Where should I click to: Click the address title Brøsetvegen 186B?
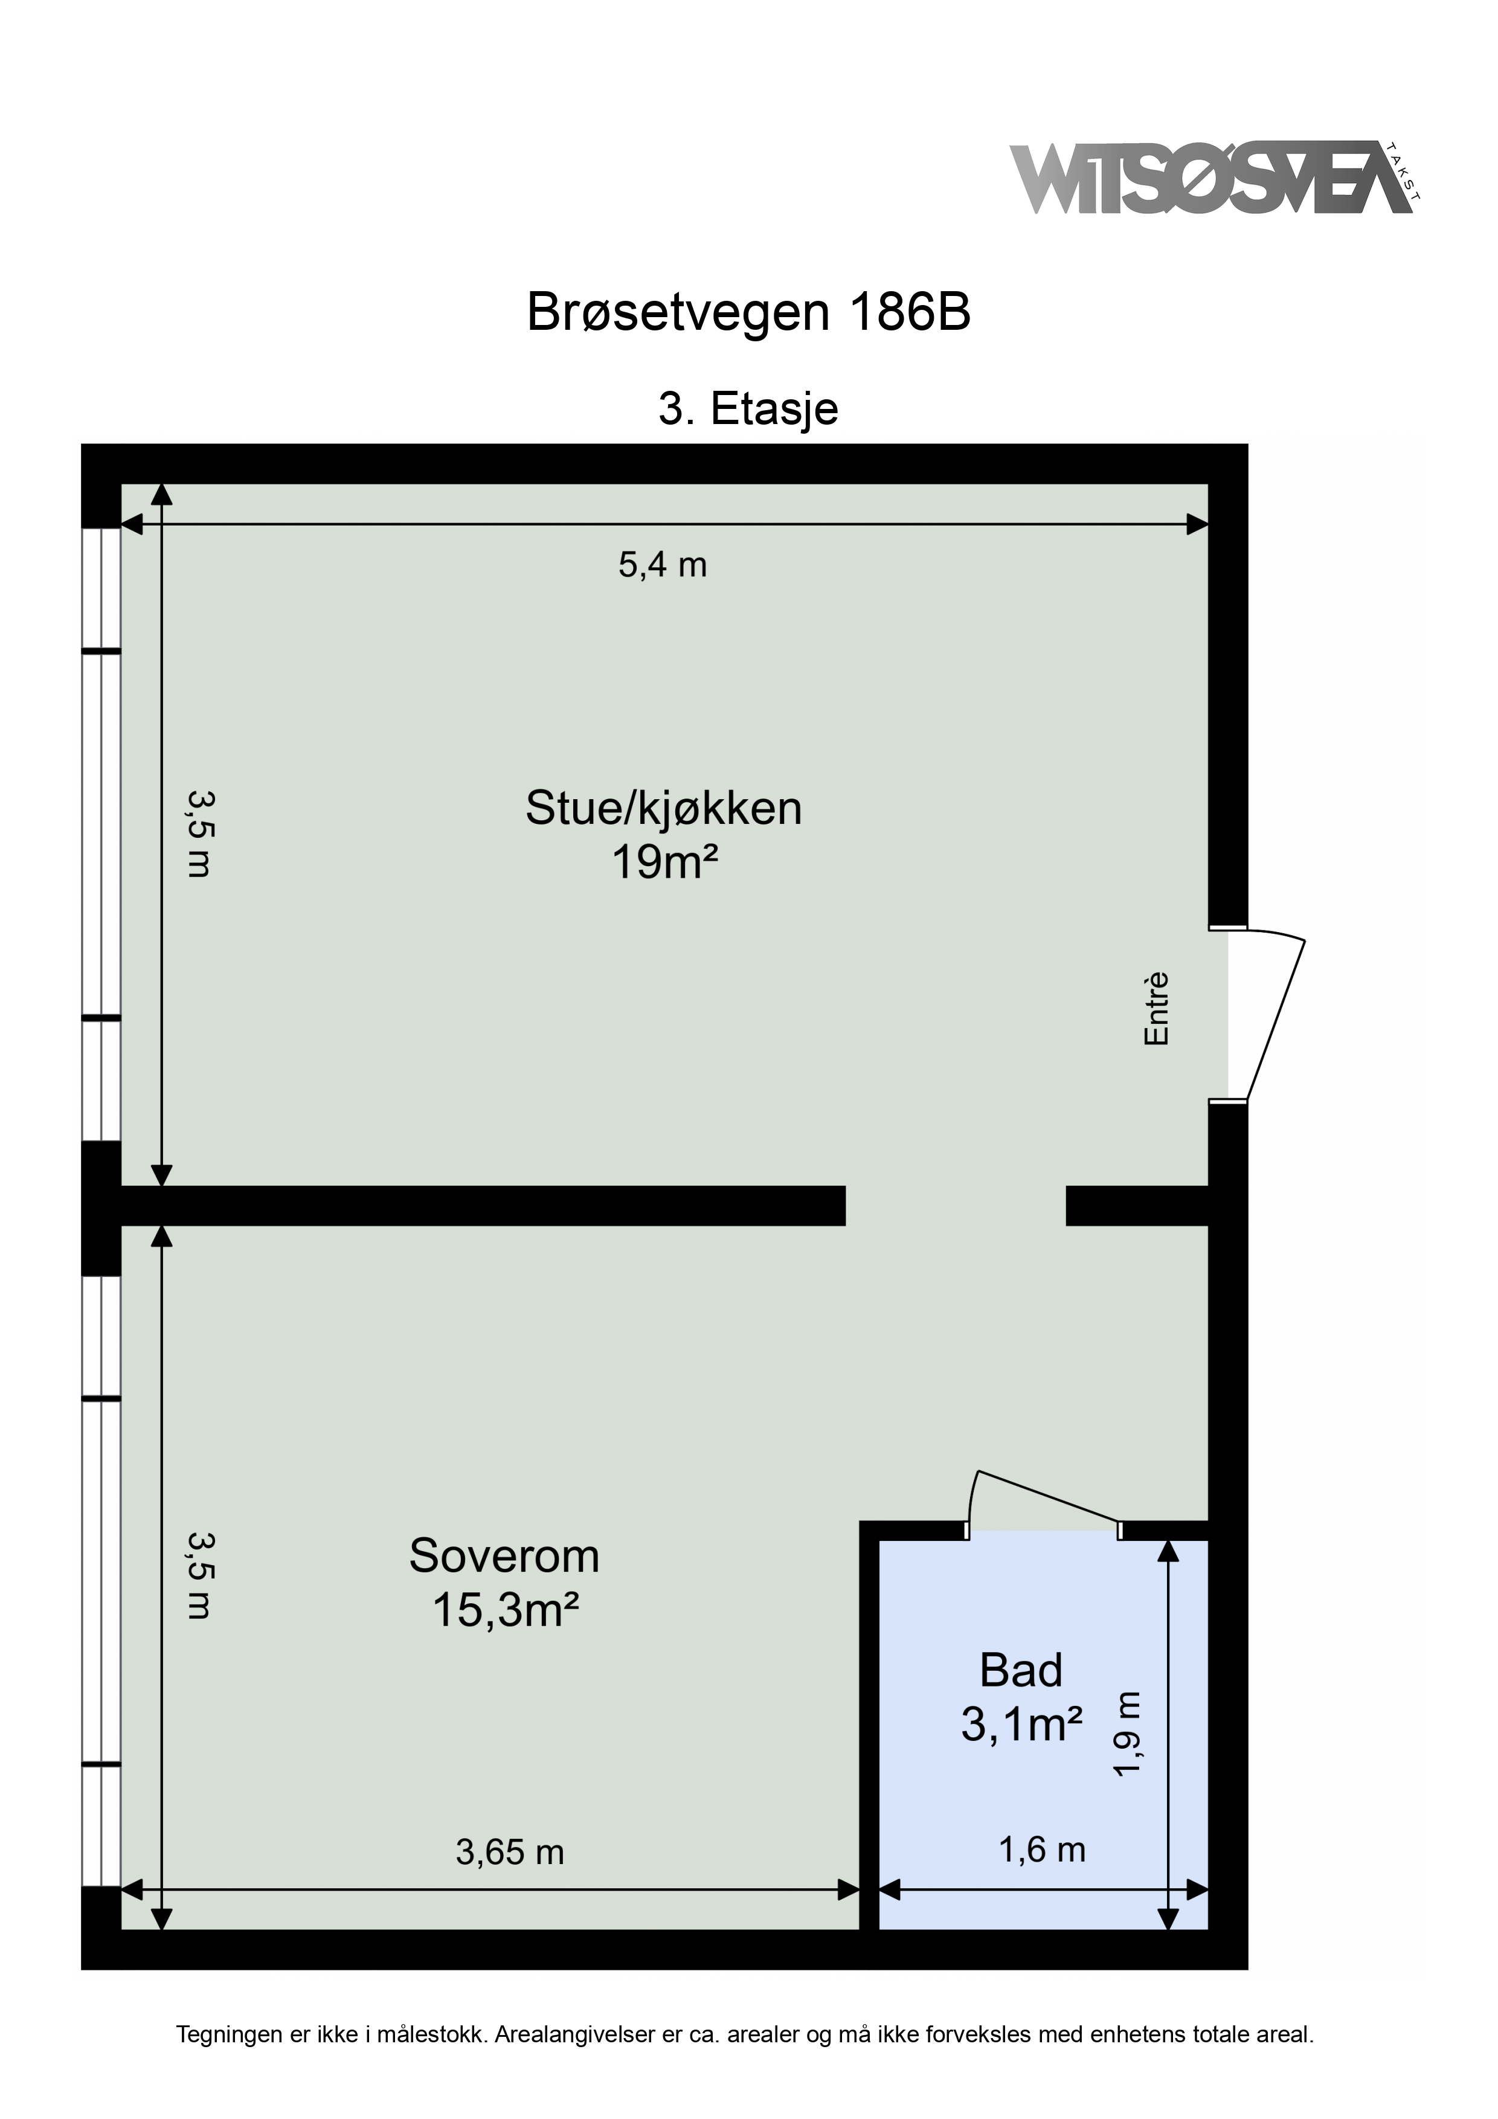pyautogui.click(x=748, y=313)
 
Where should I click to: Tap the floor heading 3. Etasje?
pyautogui.click(x=748, y=409)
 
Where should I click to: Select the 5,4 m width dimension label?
pyautogui.click(x=663, y=564)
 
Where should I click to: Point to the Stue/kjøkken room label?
pyautogui.click(x=664, y=808)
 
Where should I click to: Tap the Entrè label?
pyautogui.click(x=1157, y=1009)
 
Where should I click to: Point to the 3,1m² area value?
pyautogui.click(x=1022, y=1723)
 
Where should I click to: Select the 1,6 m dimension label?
pyautogui.click(x=1043, y=1850)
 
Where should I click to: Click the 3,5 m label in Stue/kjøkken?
pyautogui.click(x=199, y=834)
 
